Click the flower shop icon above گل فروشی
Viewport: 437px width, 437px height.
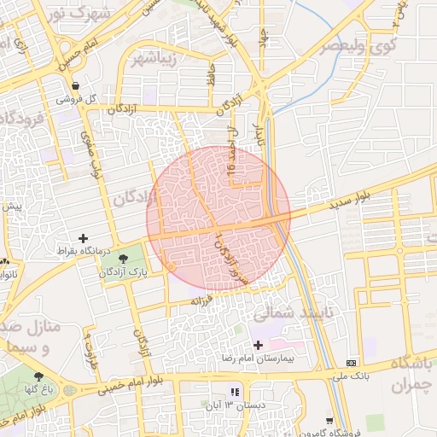[x=77, y=85]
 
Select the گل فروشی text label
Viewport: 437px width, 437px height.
[x=76, y=99]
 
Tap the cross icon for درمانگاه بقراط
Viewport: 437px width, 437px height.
[x=83, y=238]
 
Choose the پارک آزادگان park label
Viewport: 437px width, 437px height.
[x=124, y=271]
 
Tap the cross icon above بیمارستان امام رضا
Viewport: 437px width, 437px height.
[x=259, y=345]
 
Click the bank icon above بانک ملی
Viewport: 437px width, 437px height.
[x=353, y=363]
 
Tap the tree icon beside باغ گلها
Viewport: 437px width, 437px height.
[x=38, y=376]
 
